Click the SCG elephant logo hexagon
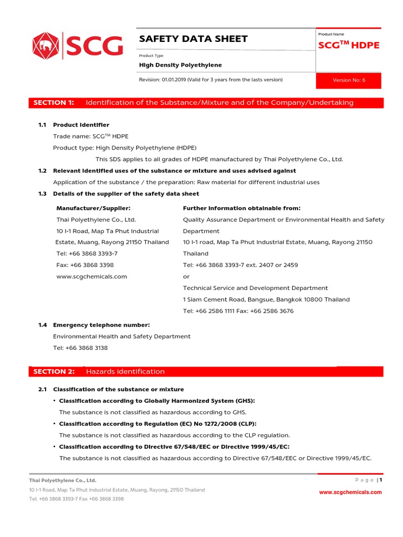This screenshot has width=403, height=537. [x=46, y=46]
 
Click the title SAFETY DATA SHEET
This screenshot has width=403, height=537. [x=193, y=39]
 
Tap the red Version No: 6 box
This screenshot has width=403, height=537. [x=348, y=80]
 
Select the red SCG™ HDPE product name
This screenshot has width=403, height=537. [x=348, y=45]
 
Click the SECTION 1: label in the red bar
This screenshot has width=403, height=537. [x=54, y=103]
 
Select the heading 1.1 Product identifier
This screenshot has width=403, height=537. [x=81, y=125]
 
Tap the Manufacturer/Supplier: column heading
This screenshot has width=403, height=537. [x=93, y=208]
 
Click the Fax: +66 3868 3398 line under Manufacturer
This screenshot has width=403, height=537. [x=85, y=265]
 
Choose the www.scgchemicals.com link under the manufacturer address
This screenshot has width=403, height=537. [x=91, y=276]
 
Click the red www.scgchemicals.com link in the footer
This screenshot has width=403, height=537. [x=351, y=492]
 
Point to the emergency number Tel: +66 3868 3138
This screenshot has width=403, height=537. [x=80, y=348]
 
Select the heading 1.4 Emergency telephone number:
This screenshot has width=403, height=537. [x=101, y=325]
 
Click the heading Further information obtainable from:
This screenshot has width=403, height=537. [x=241, y=208]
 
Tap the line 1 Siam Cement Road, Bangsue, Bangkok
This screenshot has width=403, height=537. [x=266, y=299]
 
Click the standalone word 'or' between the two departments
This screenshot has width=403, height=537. [x=186, y=276]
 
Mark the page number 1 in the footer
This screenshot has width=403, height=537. [x=381, y=480]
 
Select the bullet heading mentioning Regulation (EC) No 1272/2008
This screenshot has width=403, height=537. [x=157, y=424]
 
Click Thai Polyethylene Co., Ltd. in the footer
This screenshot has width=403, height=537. [x=63, y=480]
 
